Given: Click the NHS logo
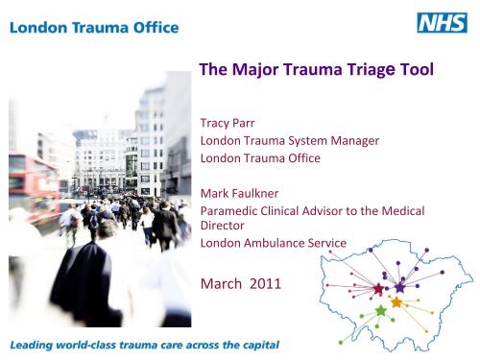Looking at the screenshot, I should coord(442,22).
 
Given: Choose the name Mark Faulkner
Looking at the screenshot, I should coord(240,192).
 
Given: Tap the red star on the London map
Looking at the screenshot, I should coord(377,288).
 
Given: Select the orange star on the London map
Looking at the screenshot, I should coord(396,302).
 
